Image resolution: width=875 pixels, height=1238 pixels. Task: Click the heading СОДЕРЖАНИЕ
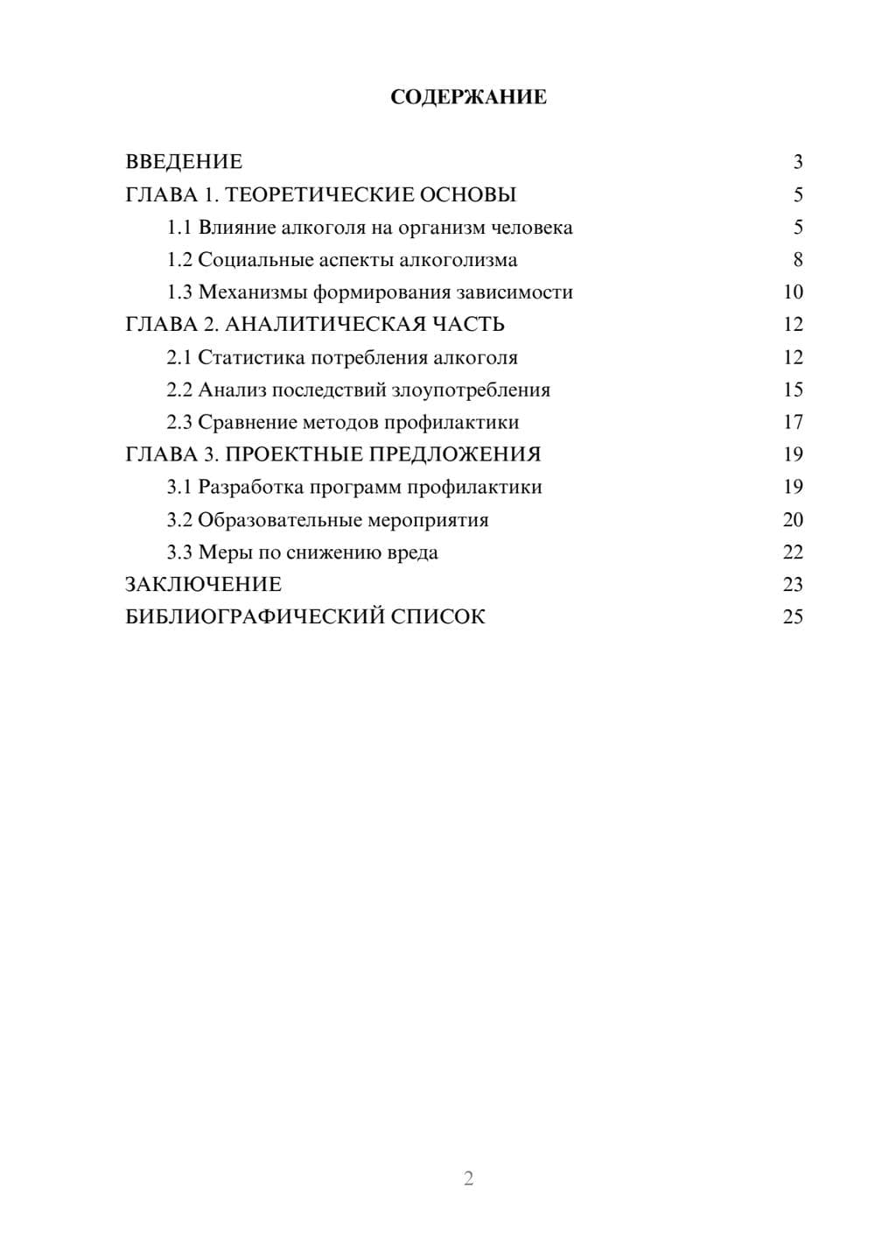[x=468, y=97]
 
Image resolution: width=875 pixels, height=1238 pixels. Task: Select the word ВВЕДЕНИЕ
[x=184, y=162]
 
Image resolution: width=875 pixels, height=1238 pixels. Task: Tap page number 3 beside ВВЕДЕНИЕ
[x=797, y=162]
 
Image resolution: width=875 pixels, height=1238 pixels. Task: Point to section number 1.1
[x=179, y=228]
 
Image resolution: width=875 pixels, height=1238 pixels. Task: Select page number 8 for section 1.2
[x=797, y=260]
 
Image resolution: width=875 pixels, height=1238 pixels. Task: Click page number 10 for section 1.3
[x=793, y=292]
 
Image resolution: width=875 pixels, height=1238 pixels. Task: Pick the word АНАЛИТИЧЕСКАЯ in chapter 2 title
[x=324, y=325]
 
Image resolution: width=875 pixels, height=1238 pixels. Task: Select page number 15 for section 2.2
[x=793, y=390]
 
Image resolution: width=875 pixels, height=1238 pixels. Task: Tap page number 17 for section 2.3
[x=793, y=423]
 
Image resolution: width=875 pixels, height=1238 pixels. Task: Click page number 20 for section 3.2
[x=793, y=520]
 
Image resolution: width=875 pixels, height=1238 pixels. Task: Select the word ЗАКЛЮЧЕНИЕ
[x=204, y=585]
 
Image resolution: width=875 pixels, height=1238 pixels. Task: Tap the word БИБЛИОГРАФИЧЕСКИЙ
[x=255, y=617]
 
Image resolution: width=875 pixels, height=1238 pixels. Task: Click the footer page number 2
[x=468, y=1178]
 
